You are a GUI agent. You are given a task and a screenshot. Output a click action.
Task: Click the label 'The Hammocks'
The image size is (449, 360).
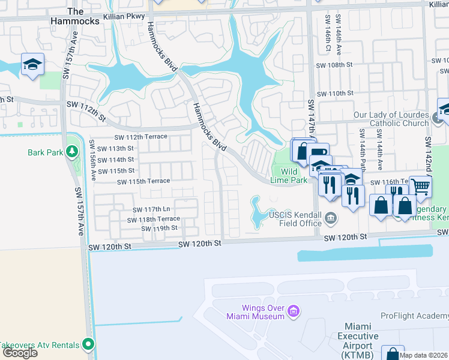(76, 16)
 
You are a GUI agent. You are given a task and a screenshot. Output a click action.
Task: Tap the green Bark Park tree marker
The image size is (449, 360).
(72, 152)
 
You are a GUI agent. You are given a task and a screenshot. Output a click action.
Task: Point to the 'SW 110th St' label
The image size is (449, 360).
(333, 94)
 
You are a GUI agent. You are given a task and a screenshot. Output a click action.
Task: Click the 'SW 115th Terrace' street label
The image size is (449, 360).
(143, 181)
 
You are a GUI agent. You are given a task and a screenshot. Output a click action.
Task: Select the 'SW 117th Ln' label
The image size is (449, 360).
(152, 209)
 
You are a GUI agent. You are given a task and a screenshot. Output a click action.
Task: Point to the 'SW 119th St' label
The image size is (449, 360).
(157, 228)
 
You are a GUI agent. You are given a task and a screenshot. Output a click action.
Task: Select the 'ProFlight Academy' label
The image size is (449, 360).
(414, 316)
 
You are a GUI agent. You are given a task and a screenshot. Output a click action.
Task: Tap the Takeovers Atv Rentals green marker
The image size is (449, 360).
(89, 344)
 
